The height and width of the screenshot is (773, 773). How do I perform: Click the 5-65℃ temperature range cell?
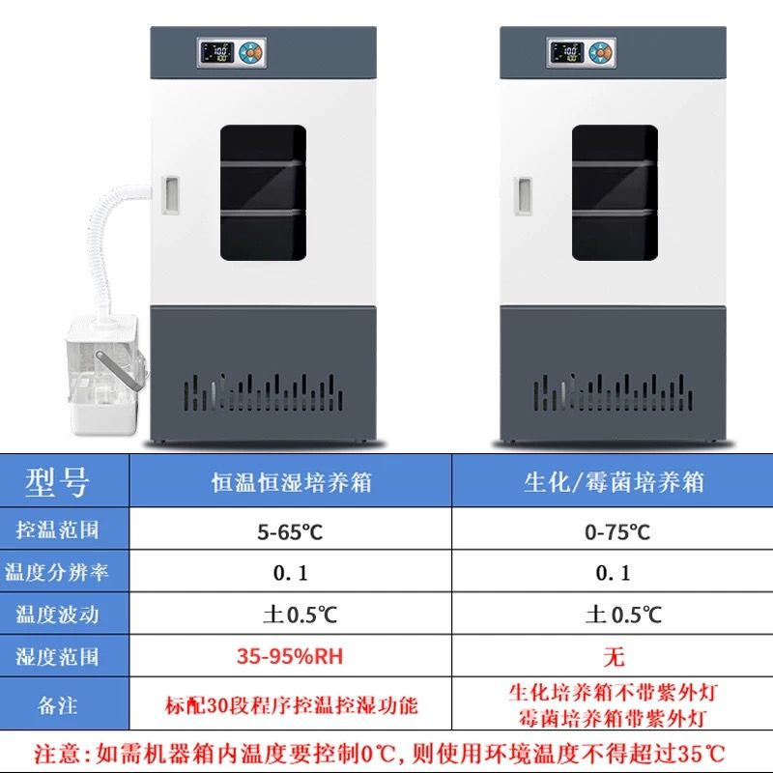click(290, 532)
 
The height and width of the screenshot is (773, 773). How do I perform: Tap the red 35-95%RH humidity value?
click(290, 656)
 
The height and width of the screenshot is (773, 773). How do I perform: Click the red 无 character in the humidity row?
click(614, 657)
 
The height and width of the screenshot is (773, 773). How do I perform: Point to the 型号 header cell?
click(57, 481)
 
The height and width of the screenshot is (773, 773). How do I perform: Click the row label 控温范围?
click(57, 530)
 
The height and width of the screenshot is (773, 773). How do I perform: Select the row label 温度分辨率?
click(56, 572)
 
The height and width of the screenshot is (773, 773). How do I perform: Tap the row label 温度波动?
click(57, 615)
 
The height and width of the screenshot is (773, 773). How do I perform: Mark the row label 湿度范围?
click(57, 657)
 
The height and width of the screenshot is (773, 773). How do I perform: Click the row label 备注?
click(57, 705)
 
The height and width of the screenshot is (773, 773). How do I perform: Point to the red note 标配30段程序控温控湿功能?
click(292, 705)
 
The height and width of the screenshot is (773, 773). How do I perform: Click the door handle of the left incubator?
click(170, 195)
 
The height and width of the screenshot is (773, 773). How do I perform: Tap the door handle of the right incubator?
click(523, 196)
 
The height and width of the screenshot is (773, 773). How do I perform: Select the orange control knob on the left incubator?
click(251, 52)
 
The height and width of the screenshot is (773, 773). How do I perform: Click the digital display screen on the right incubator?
click(567, 52)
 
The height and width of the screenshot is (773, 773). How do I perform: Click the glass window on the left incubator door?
click(263, 192)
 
